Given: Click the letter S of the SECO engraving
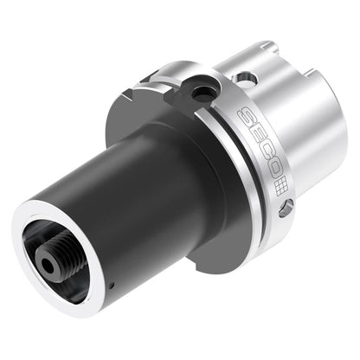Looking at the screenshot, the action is tap(246, 115).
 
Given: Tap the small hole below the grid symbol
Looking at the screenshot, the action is tap(286, 208).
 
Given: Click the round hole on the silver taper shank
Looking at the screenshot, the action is tap(245, 78).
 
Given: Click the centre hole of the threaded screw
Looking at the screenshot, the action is tap(48, 266).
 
